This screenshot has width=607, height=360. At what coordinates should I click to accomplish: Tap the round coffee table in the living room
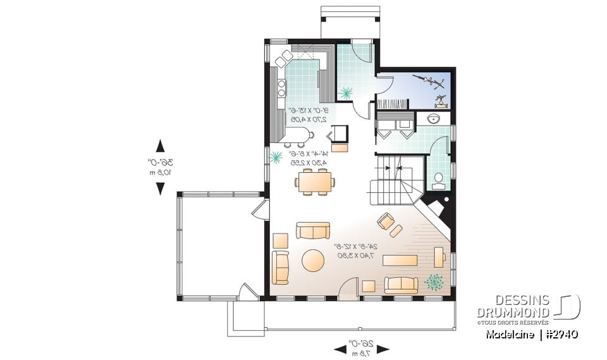click(313, 261)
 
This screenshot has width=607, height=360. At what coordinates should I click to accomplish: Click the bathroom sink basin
click(436, 119)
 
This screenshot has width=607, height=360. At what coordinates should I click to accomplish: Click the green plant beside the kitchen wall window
click(276, 158)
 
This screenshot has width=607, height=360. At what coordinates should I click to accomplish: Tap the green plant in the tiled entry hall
click(345, 93)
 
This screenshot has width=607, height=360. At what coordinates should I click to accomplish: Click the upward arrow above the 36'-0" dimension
click(161, 145)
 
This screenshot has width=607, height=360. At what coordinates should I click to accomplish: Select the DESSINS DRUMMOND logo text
click(513, 307)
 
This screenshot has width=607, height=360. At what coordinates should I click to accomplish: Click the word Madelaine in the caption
click(509, 334)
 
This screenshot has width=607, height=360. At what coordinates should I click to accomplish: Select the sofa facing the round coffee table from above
click(314, 230)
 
